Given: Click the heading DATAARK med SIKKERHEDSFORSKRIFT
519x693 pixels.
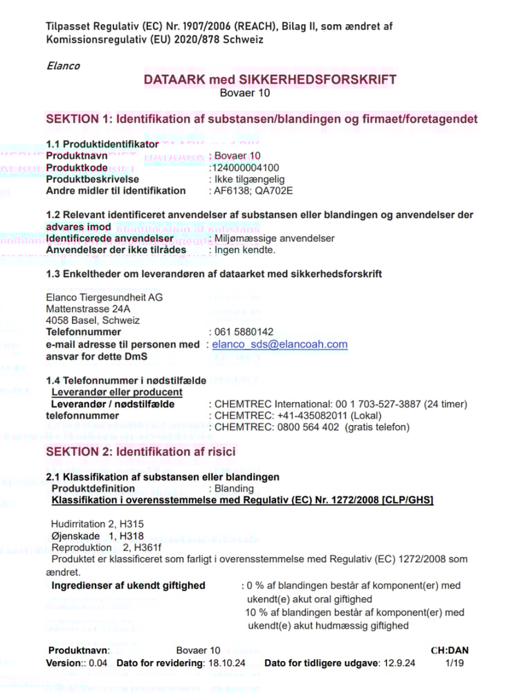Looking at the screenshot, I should click(270, 80).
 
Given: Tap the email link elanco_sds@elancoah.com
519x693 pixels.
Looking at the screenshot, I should click(280, 344).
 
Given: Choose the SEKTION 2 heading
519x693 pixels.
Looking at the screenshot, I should click(140, 452).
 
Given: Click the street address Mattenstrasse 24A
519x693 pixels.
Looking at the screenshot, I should click(88, 309).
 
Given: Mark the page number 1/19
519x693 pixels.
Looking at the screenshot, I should click(455, 663).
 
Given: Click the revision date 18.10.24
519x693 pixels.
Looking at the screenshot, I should click(226, 663).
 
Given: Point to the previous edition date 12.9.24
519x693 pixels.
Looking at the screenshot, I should click(399, 663).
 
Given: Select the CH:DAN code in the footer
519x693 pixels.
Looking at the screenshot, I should click(450, 651).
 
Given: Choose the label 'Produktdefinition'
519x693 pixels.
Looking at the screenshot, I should click(93, 489).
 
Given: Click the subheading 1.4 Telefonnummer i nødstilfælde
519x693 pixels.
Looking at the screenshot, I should click(126, 381).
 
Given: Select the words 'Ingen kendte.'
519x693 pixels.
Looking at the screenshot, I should click(245, 250).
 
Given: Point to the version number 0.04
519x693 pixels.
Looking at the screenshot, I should click(99, 663).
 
